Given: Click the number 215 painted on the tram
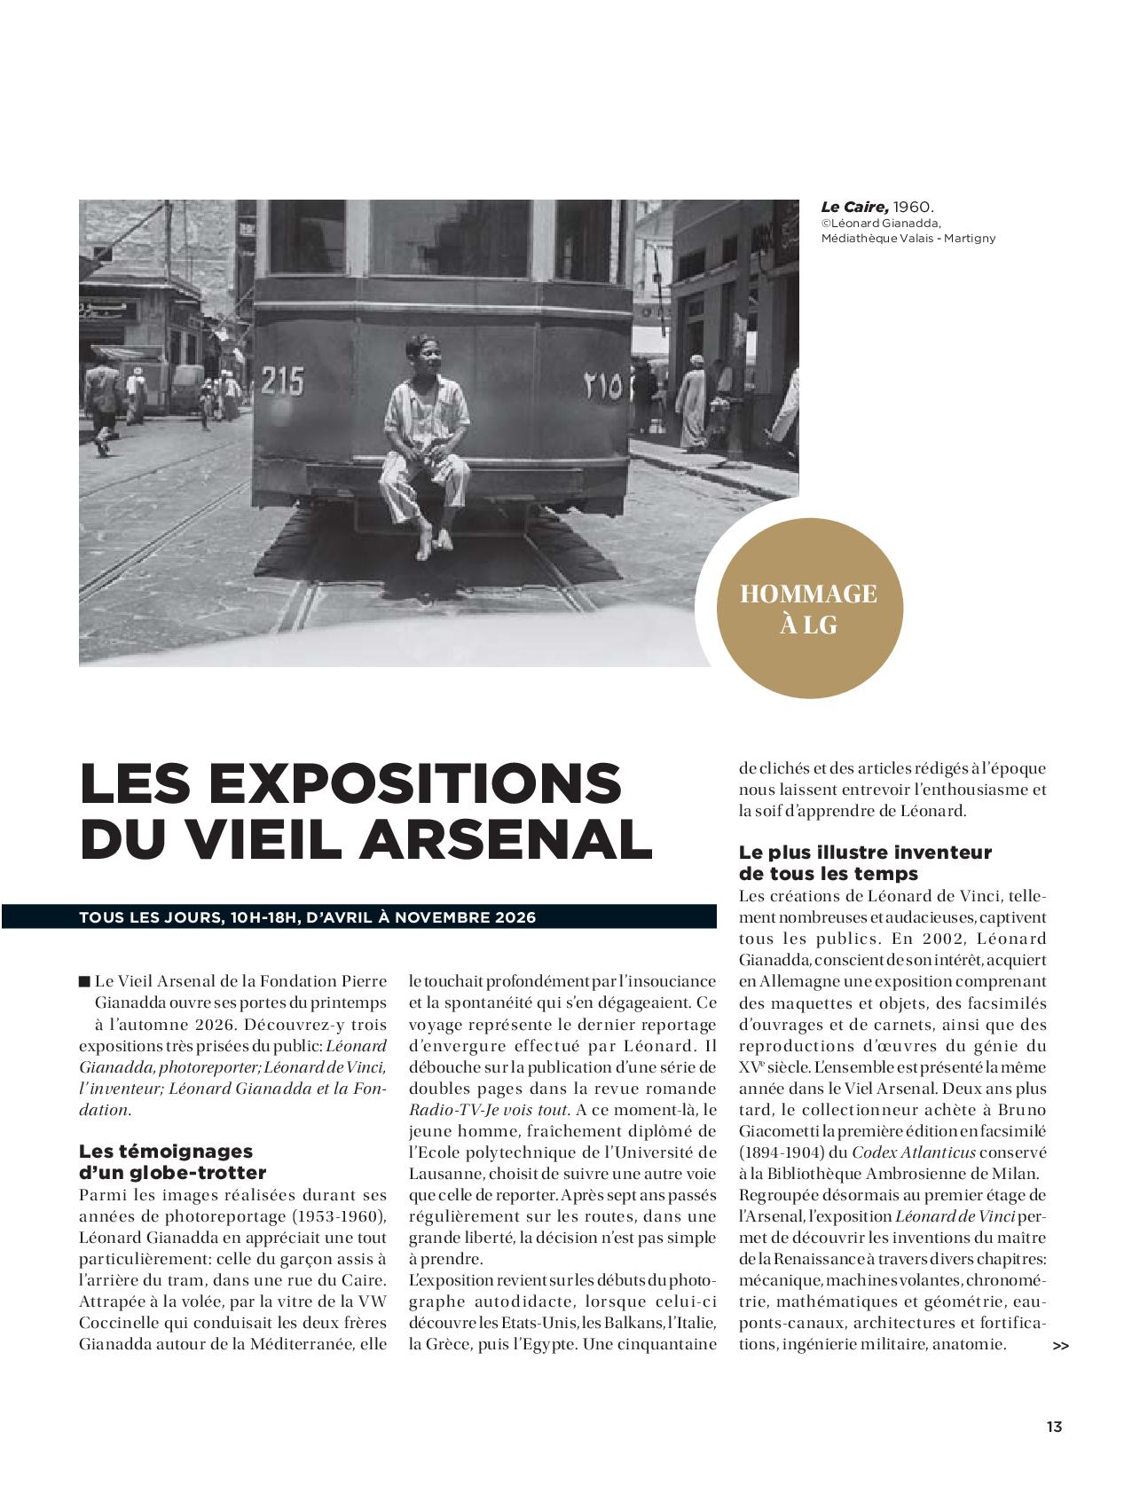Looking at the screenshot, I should pyautogui.click(x=282, y=381).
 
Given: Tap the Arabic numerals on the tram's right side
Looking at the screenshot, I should pyautogui.click(x=603, y=387).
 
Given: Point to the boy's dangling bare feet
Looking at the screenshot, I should pyautogui.click(x=434, y=542).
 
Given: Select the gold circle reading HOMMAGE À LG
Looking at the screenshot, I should pyautogui.click(x=809, y=609).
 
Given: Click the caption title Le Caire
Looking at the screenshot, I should pyautogui.click(x=853, y=207).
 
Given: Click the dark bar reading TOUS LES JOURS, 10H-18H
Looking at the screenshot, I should pyautogui.click(x=358, y=917).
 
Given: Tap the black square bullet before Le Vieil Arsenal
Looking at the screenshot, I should pyautogui.click(x=84, y=981).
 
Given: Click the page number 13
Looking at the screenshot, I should pyautogui.click(x=1054, y=1427).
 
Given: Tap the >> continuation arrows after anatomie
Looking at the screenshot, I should pyautogui.click(x=1060, y=1346).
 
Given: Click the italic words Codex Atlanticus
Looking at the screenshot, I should pyautogui.click(x=913, y=1152).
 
